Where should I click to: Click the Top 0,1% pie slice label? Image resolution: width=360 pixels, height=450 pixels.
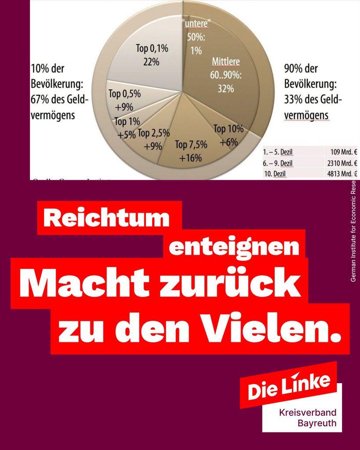point(151,54)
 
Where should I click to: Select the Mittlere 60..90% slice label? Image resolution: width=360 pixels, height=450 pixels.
point(226,74)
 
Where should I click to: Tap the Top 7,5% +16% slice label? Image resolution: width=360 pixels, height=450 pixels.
point(190,151)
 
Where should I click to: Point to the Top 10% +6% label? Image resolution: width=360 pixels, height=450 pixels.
point(229,135)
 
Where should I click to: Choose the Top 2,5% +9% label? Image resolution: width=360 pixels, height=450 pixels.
point(153,139)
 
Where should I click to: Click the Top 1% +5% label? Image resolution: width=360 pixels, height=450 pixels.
point(127,128)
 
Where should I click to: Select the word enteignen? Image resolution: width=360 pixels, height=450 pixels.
point(234,248)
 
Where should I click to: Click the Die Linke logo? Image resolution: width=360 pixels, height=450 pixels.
point(289,385)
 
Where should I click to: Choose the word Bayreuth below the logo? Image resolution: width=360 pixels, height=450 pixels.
point(317,424)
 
